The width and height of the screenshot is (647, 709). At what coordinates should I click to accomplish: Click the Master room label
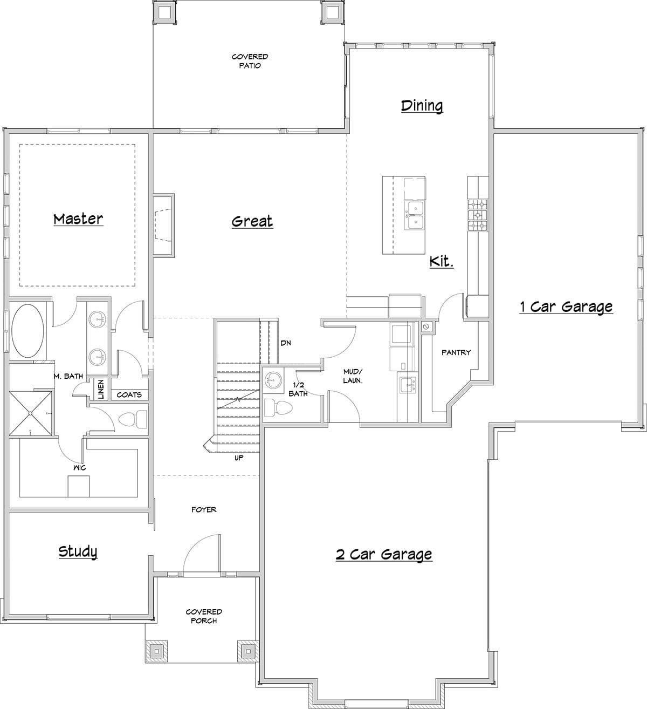[x=78, y=219]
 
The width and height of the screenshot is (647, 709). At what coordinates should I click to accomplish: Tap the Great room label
[x=252, y=221]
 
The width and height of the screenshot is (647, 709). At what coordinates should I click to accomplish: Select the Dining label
[x=422, y=106]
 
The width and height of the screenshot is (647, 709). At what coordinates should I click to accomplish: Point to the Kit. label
[x=441, y=262]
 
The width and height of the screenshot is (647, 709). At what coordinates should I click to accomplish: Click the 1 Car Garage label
[x=566, y=307]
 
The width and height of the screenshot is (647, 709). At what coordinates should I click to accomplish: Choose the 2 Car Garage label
[x=384, y=554]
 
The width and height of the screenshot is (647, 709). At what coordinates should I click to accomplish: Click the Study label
[x=78, y=551]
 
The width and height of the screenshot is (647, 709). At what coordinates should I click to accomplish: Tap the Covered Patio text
[x=250, y=61]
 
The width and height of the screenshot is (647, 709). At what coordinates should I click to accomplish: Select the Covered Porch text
[x=204, y=616]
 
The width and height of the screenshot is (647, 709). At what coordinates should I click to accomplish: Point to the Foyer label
[x=204, y=509]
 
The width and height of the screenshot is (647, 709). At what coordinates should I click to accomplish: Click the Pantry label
[x=456, y=352]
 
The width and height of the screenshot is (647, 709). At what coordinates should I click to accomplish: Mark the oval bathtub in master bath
[x=29, y=330]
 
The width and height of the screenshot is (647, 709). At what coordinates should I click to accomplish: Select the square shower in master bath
[x=31, y=413]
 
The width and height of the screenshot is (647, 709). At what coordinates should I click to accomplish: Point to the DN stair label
[x=286, y=343]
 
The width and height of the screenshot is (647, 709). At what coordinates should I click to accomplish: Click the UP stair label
[x=239, y=458]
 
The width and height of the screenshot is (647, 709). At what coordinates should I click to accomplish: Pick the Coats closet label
[x=129, y=395]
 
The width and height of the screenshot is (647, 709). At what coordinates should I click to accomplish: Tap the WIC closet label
[x=79, y=467]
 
